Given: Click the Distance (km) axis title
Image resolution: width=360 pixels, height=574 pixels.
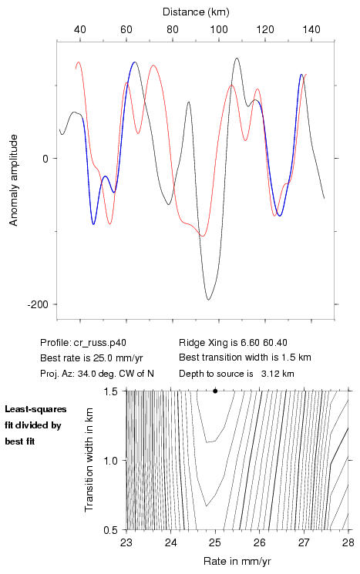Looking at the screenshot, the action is [x=196, y=12].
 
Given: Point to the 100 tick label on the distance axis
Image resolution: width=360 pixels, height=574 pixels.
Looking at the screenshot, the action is [x=219, y=29].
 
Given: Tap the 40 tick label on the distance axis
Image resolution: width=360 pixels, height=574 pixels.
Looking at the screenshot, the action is [x=80, y=29].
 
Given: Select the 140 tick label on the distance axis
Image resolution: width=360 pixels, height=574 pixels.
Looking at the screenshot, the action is [x=311, y=29].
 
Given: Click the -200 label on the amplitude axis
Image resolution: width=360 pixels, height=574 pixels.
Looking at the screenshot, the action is [x=38, y=304].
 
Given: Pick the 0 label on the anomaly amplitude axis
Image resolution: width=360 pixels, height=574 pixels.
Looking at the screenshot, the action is [x=45, y=159].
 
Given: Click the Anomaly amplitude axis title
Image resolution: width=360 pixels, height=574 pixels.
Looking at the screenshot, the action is [x=14, y=180].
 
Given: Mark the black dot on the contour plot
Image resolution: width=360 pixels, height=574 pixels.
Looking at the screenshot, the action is [x=215, y=391].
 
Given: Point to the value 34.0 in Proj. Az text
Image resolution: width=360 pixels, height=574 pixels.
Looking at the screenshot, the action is [x=86, y=374].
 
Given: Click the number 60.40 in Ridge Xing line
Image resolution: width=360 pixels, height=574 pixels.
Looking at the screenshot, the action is [x=275, y=343].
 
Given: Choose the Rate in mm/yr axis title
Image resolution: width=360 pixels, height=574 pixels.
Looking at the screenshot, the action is [x=237, y=561].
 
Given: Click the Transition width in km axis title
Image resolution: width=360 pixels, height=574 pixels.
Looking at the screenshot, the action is [x=89, y=460].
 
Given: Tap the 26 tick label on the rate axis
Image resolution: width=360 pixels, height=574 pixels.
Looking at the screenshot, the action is [x=259, y=542].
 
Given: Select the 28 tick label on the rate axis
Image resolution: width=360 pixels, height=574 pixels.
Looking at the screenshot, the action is [x=348, y=542].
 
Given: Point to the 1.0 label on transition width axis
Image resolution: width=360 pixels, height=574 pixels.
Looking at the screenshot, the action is [x=110, y=461].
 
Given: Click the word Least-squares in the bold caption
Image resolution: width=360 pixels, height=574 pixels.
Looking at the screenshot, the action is [x=35, y=409].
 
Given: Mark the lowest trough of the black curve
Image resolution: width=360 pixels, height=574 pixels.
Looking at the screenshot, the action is [x=208, y=300].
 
